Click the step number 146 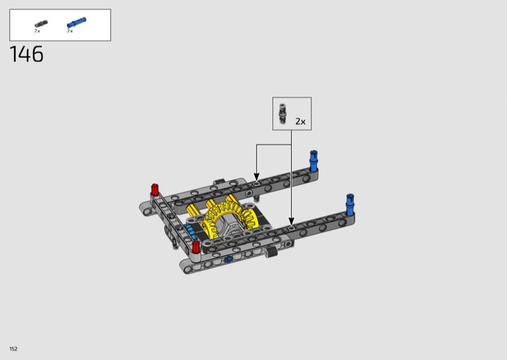click(27, 54)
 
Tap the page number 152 click(13, 349)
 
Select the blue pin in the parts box click(76, 22)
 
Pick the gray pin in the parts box click(41, 23)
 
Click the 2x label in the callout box click(300, 121)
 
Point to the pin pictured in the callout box click(283, 113)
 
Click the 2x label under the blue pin click(70, 31)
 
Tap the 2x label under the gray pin click(37, 31)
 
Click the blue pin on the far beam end click(314, 160)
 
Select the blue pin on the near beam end click(350, 205)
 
